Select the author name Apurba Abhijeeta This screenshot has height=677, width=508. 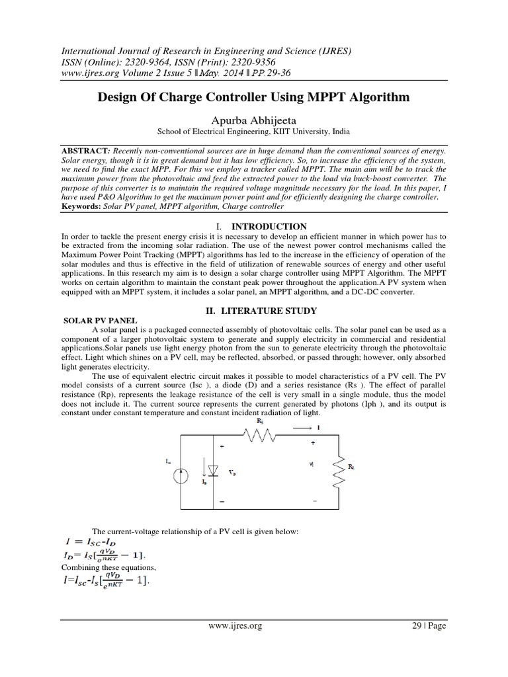click(x=253, y=119)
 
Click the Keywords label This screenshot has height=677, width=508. click(x=82, y=207)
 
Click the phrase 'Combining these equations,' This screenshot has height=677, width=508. click(x=101, y=568)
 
